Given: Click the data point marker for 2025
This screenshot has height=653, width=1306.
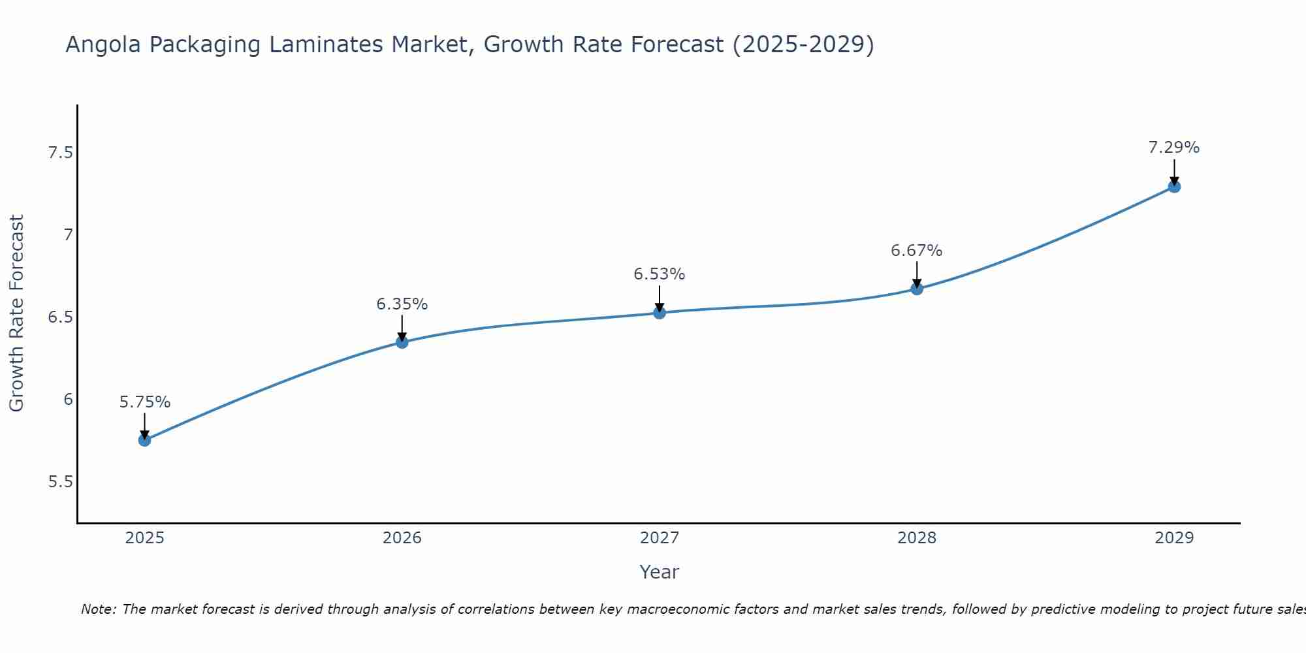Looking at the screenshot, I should point(144,440).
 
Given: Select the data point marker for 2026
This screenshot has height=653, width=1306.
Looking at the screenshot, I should point(402,342).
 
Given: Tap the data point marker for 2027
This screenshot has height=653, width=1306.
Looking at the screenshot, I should point(659,313).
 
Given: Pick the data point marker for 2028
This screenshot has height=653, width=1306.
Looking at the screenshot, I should point(916,289).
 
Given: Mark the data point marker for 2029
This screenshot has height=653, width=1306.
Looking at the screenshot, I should point(1173,187).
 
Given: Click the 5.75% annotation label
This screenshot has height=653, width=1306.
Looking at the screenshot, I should point(144,402).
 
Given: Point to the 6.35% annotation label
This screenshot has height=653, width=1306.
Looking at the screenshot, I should point(402,304).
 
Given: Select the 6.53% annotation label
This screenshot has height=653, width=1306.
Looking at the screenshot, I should point(659,274).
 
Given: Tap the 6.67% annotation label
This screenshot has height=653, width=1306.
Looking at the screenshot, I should point(916,251).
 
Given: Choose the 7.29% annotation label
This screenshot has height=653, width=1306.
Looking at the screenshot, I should point(1173,148).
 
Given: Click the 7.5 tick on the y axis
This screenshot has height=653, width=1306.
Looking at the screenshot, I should point(59,153).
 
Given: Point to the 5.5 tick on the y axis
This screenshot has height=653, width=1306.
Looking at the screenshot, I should point(59,482).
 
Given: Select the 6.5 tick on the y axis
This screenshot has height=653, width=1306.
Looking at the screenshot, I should point(59,317).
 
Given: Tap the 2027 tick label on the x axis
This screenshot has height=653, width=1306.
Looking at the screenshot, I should point(659,538).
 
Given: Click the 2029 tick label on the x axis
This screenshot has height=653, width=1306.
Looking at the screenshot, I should point(1173,538).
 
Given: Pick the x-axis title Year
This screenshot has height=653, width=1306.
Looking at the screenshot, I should point(659,572).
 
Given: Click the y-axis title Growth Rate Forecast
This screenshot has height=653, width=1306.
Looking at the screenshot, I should point(17,313).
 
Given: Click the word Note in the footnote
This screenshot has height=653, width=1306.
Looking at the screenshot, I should point(98,609).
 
